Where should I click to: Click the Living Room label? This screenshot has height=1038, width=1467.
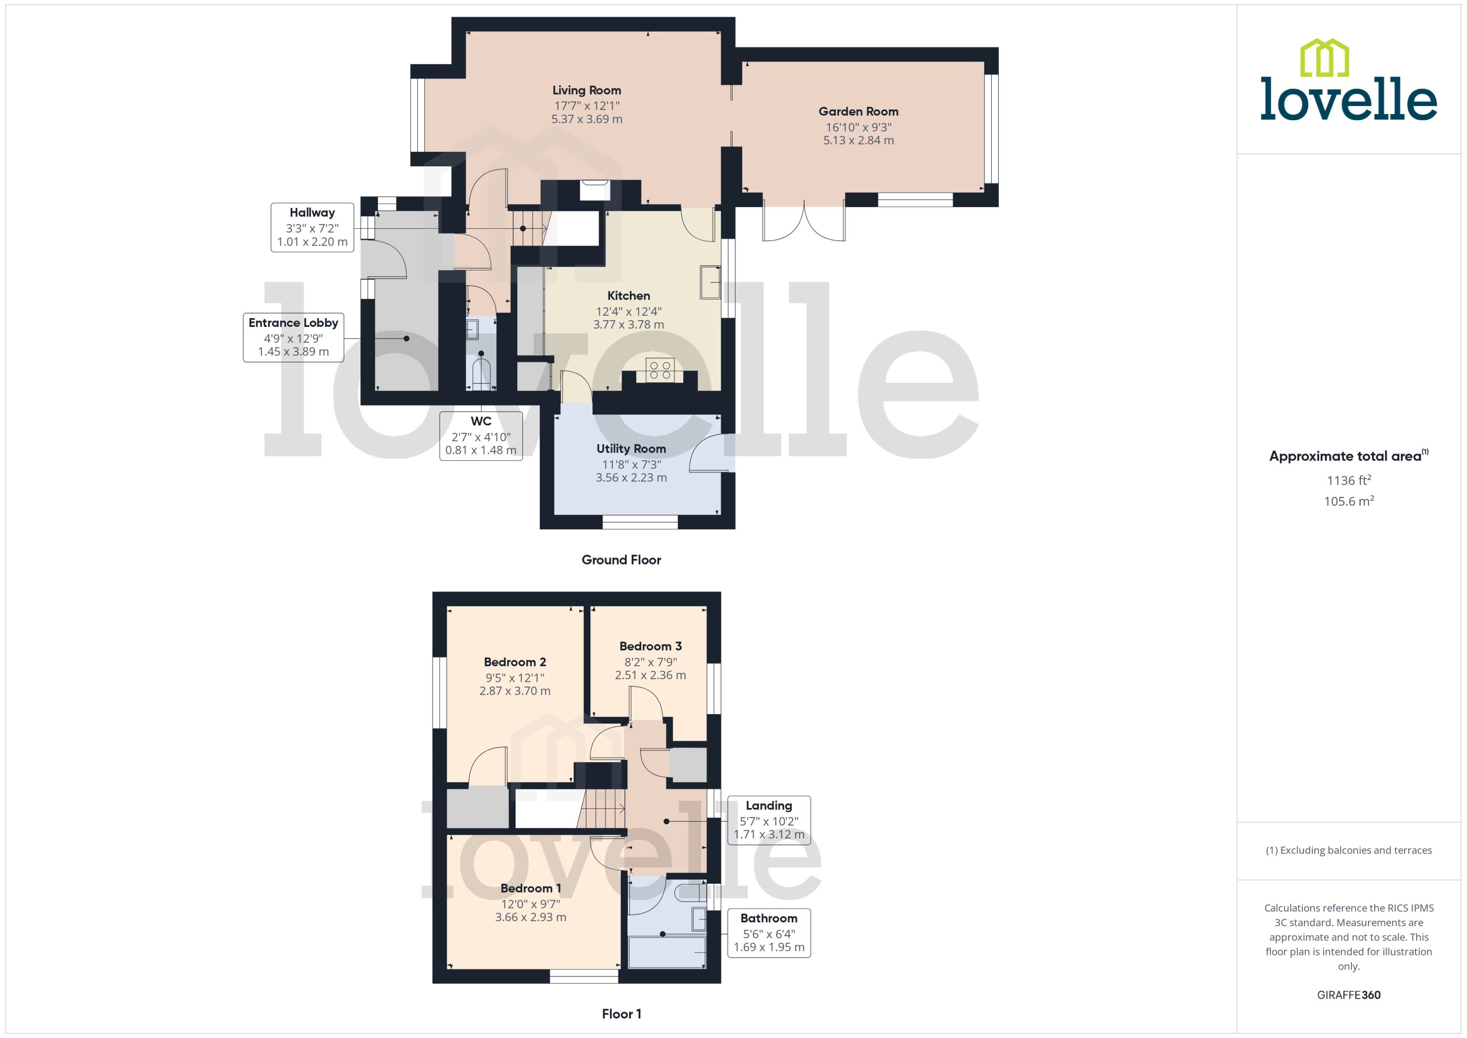point(586,90)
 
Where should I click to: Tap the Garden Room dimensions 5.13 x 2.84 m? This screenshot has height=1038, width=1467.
point(858,140)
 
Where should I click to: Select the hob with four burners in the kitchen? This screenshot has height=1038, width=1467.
point(660,370)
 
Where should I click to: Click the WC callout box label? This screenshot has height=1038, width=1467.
point(481,421)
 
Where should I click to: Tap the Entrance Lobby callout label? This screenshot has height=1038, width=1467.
point(293,323)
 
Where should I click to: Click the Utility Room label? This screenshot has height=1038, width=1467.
point(631,449)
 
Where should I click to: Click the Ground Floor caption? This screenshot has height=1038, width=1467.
point(621,560)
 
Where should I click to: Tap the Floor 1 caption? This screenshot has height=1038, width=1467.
point(621,1014)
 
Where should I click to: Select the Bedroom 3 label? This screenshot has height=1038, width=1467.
point(650,646)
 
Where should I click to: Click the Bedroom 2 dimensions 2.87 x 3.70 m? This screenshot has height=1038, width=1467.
point(515,691)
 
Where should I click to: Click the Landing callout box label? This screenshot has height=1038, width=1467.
point(768,806)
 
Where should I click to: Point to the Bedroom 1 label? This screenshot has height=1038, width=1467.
point(531,888)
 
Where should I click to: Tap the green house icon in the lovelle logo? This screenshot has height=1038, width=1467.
point(1324,58)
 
